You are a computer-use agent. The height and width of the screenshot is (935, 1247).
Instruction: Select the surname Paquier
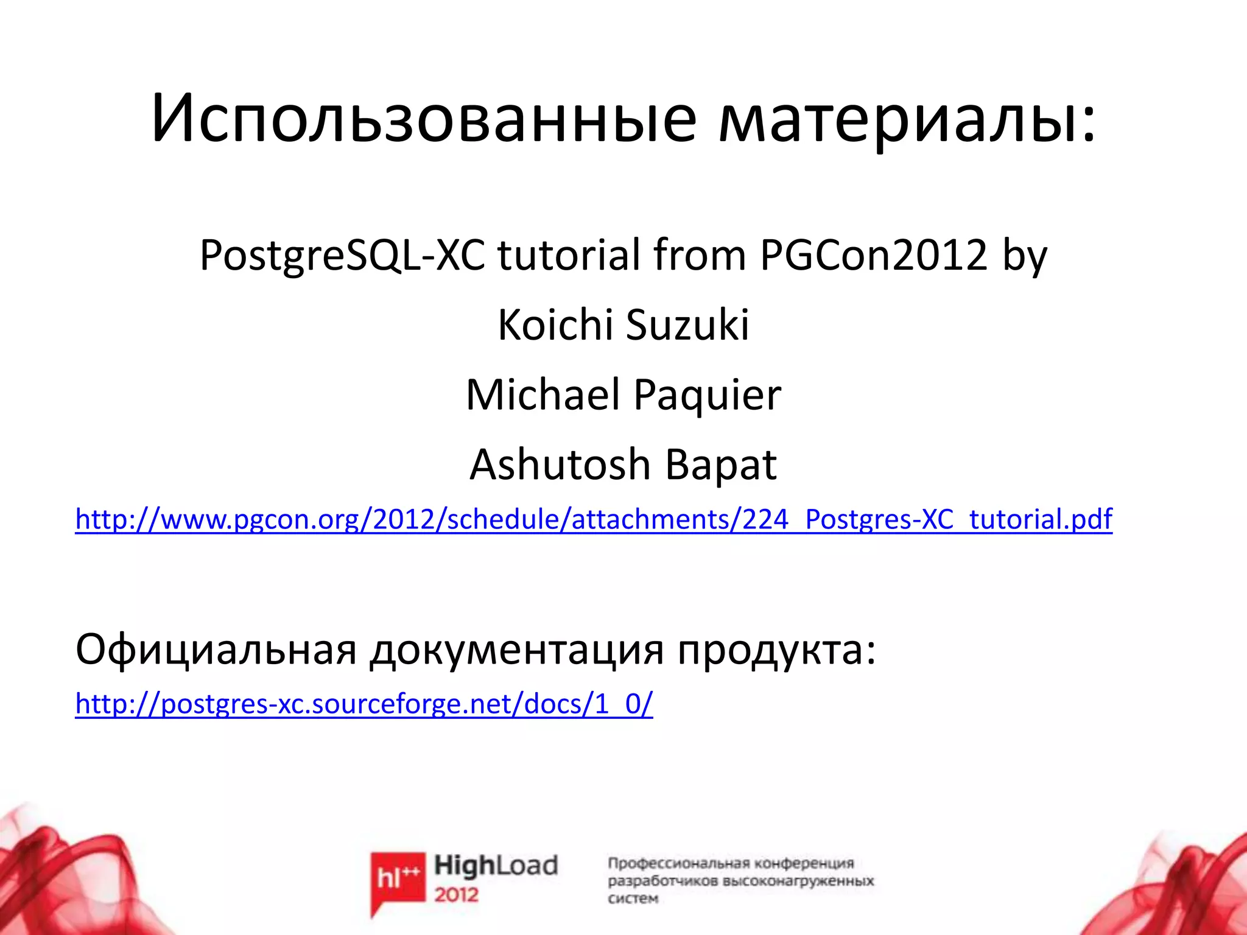tap(707, 396)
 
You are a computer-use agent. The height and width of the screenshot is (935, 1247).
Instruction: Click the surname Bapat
tap(721, 466)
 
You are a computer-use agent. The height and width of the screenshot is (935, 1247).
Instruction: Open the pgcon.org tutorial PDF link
tap(594, 519)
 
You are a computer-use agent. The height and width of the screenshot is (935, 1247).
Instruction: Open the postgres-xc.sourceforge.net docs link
tap(364, 704)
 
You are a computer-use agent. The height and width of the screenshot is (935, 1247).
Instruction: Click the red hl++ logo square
tap(398, 877)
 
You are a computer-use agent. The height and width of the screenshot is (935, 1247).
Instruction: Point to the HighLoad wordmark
tap(496, 866)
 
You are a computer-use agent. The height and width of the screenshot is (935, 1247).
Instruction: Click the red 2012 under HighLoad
tap(457, 895)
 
